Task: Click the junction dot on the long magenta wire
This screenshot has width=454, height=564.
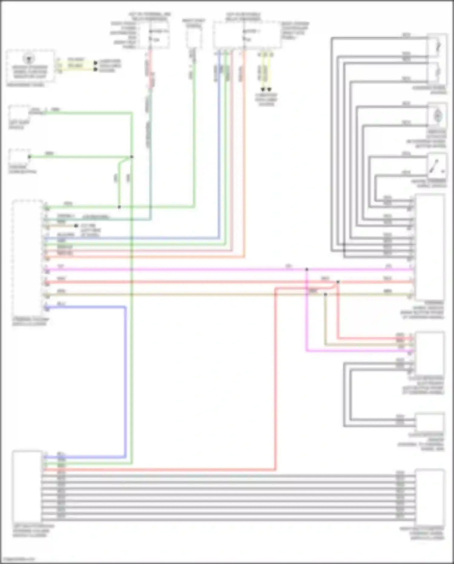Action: point(307,269)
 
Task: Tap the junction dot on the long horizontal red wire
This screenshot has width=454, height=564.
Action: point(338,282)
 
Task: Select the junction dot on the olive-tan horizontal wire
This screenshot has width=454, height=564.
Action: point(325,294)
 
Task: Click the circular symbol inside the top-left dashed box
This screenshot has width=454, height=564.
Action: point(29,58)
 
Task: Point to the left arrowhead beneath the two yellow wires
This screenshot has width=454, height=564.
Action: point(263,90)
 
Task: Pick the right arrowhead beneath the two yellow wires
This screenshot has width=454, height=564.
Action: point(269,90)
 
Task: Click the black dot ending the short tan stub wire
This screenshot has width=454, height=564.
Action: point(76,226)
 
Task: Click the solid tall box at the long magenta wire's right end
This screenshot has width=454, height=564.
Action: point(430,247)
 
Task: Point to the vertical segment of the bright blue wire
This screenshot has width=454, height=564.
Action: point(125,382)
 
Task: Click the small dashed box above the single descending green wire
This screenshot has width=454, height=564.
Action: point(194,38)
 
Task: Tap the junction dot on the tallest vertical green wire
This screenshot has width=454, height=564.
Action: point(132,157)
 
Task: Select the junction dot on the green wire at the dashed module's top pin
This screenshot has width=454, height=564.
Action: point(119,207)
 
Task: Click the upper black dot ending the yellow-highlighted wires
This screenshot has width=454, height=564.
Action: point(95,63)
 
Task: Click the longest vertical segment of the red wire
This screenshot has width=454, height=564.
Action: point(275,379)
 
